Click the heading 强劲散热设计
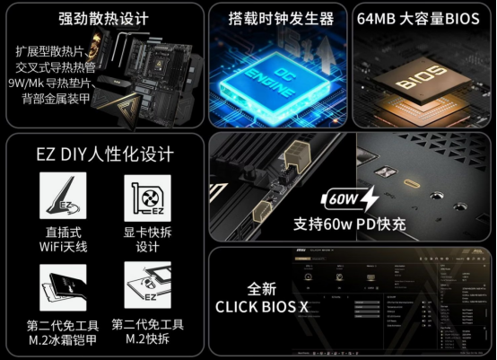coord(102,18)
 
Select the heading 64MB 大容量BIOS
coord(418,18)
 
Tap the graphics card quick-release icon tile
coord(147,202)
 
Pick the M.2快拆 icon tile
coord(147,287)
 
